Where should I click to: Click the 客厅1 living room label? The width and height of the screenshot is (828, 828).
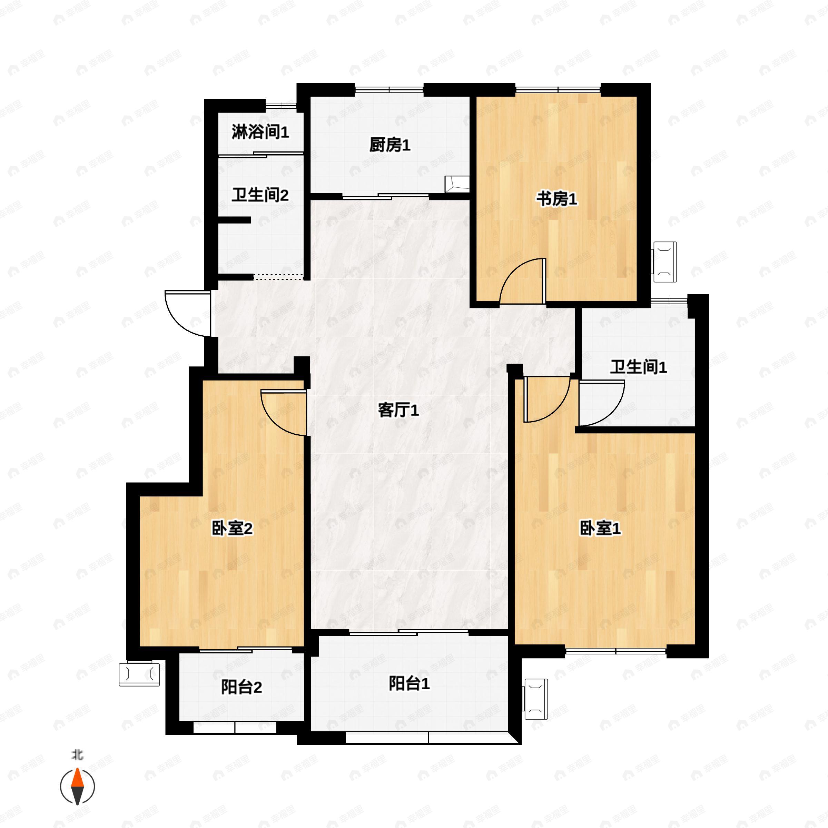click(x=398, y=411)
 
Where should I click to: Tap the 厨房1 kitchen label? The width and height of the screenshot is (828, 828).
click(x=390, y=145)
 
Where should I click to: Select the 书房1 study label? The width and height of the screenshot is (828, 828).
click(x=557, y=199)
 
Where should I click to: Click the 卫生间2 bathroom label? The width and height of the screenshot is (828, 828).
click(x=260, y=195)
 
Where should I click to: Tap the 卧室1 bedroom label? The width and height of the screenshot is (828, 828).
click(x=600, y=529)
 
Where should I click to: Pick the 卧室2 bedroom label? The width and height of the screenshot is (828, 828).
click(x=232, y=529)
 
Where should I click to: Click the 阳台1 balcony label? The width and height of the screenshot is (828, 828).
click(x=409, y=683)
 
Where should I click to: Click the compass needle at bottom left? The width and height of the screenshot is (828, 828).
click(x=77, y=787)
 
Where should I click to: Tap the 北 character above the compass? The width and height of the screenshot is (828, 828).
click(x=78, y=755)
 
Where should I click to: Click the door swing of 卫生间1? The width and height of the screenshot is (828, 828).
click(x=600, y=403)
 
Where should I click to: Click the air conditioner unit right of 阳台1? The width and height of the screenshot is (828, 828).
click(x=536, y=699)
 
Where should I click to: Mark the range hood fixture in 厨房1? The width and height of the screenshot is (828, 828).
click(x=456, y=184)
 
